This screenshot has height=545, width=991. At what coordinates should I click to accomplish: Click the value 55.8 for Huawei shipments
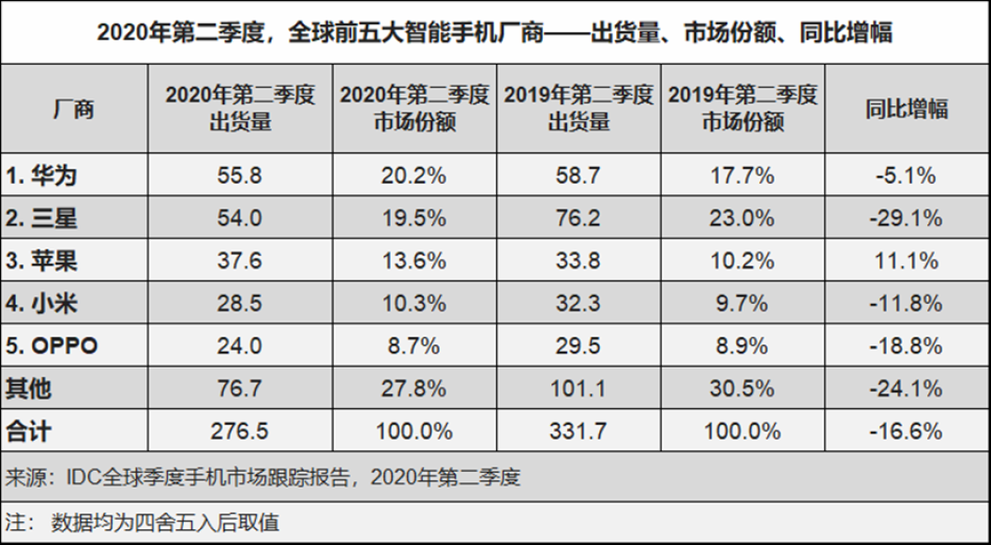coord(239,175)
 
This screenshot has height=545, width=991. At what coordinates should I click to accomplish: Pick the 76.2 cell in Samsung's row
coord(578,219)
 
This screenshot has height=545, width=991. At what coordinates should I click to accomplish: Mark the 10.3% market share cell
coord(413,304)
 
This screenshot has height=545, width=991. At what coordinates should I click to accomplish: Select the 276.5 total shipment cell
coord(239,431)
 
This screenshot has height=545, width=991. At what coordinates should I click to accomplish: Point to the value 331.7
coord(578,431)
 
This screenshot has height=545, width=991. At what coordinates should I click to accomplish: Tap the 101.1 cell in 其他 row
coord(578,388)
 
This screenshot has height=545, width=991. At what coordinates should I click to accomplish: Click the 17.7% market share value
coord(741,175)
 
